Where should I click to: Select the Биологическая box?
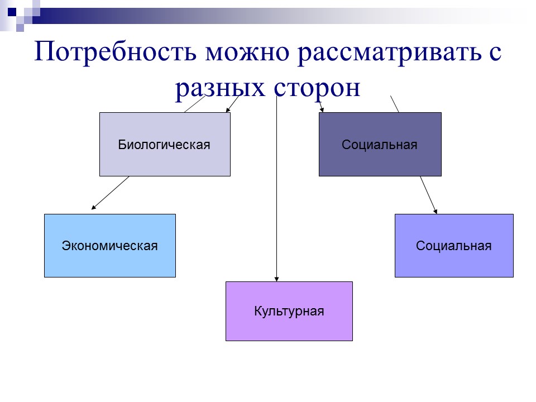coord(165,145)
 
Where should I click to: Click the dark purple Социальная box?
coord(380,145)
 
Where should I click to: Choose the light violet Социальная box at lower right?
coord(453,246)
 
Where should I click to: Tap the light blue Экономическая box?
coord(109,246)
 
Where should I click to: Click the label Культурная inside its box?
coord(289,311)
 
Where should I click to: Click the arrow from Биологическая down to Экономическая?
coord(111,193)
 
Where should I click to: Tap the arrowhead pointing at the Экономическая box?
coord(94,208)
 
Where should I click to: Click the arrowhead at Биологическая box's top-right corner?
coord(228,110)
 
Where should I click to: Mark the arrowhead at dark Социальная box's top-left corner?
coord(322,109)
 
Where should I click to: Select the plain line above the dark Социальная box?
coord(394,104)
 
